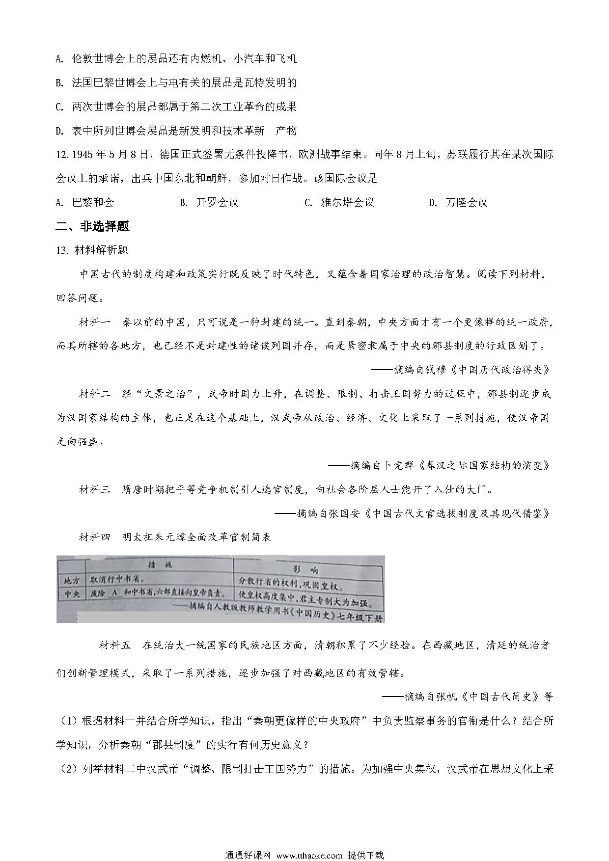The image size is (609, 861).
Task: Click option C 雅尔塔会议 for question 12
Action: (339, 202)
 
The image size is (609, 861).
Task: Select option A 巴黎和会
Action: (85, 202)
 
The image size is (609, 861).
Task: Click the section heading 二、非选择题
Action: (93, 226)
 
